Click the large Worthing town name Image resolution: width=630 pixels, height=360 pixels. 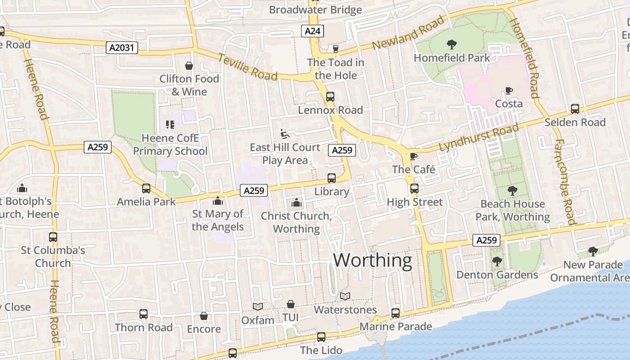click(372, 261)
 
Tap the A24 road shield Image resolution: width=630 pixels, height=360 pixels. click(312, 31)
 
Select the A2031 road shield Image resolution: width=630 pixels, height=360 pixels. click(122, 47)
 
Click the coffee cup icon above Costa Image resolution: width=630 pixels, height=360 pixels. click(508, 91)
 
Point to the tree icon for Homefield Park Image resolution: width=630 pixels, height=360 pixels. click(451, 44)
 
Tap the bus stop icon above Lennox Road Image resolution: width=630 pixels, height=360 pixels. click(330, 96)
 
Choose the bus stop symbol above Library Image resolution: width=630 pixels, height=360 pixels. click(332, 178)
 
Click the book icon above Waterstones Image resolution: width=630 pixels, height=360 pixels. click(345, 297)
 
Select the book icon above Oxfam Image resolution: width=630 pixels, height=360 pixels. click(258, 307)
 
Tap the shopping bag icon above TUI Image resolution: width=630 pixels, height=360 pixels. click(291, 305)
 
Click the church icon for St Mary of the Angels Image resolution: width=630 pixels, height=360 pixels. click(218, 200)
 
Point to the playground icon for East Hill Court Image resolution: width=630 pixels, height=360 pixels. click(284, 134)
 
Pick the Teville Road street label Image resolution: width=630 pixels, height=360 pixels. click(247, 67)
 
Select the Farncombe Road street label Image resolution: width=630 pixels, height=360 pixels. click(565, 181)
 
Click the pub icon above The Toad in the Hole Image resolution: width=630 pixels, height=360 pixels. click(335, 49)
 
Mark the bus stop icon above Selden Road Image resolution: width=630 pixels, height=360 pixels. click(575, 108)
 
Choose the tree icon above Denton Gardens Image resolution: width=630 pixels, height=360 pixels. click(497, 261)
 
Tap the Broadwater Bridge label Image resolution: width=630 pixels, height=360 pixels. click(315, 10)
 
